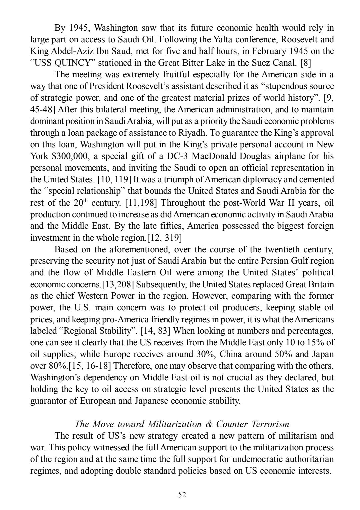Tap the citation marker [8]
tap(306, 63)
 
